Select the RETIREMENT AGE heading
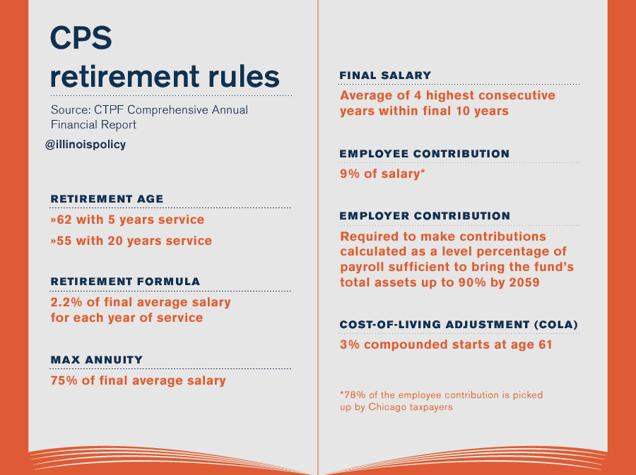click(x=107, y=199)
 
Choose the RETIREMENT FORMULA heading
click(x=125, y=281)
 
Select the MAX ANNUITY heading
click(x=97, y=360)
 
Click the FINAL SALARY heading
click(x=385, y=76)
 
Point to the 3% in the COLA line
click(x=349, y=345)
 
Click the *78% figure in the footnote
click(x=351, y=395)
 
